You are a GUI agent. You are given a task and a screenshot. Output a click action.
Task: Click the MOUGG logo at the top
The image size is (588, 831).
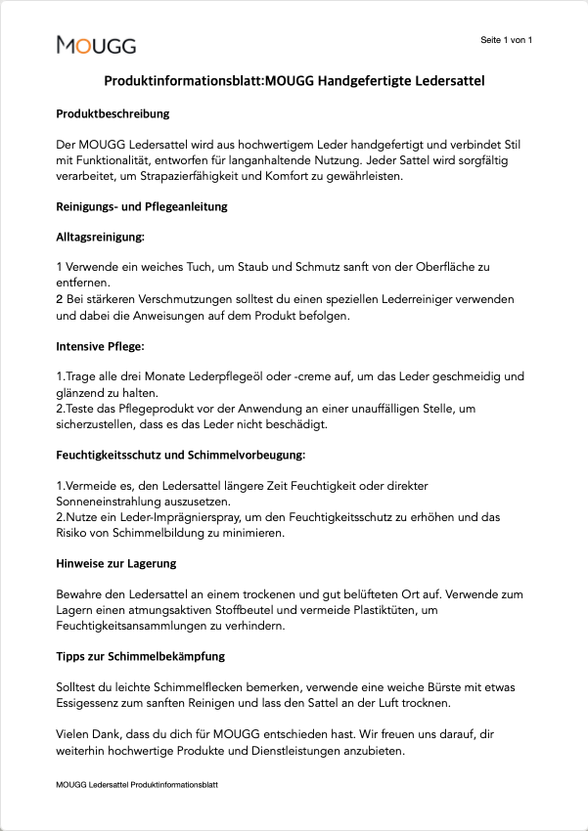[96, 45]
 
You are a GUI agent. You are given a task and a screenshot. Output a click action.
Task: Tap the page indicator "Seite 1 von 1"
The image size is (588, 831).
[506, 40]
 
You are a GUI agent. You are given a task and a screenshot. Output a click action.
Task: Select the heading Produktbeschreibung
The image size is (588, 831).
[113, 114]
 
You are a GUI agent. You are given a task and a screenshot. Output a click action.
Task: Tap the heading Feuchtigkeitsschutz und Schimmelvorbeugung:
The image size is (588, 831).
[181, 456]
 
